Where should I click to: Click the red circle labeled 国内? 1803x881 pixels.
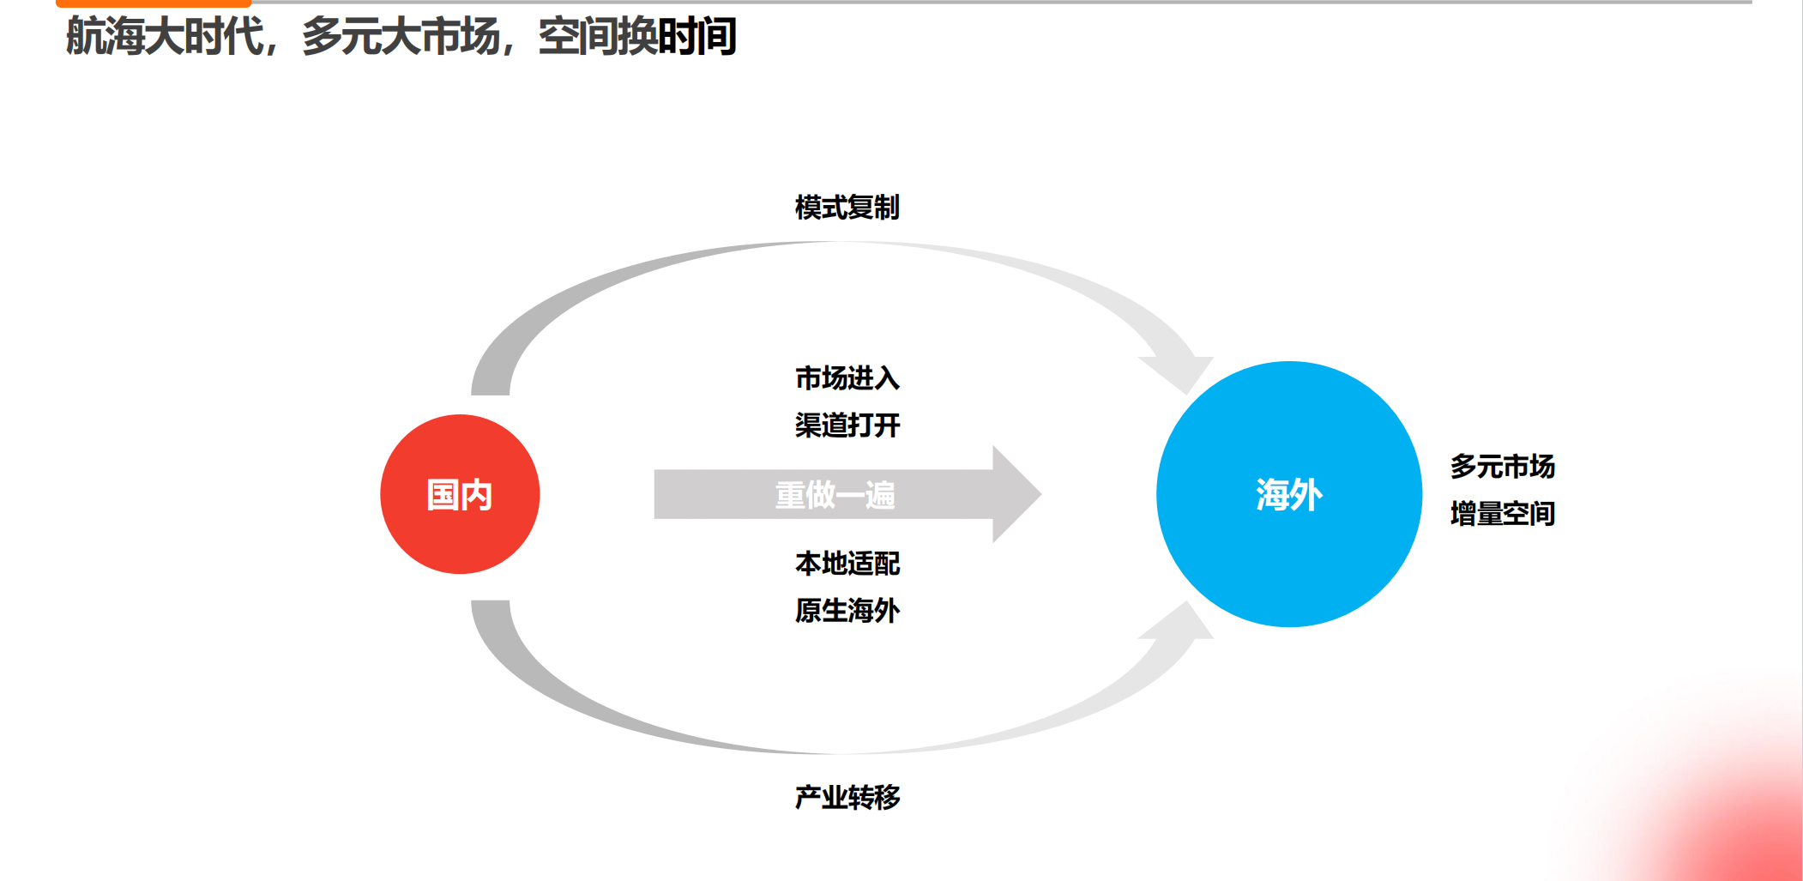tap(460, 494)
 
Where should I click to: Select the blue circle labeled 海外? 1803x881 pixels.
tap(1288, 494)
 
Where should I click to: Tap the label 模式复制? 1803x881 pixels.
tap(847, 208)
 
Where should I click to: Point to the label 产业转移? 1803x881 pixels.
tap(847, 798)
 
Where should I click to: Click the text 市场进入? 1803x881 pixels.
tap(847, 378)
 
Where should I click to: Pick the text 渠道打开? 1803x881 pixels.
tap(847, 425)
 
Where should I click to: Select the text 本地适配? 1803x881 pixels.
tap(847, 564)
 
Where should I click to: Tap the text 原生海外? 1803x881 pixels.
tap(847, 611)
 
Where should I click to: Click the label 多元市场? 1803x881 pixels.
tap(1502, 467)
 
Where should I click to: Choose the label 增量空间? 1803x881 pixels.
tap(1502, 514)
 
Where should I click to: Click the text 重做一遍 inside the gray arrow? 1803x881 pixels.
tap(835, 495)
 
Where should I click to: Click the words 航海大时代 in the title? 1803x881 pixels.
tap(165, 37)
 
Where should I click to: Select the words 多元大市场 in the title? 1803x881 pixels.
tap(401, 37)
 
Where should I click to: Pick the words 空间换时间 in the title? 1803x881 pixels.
tap(637, 37)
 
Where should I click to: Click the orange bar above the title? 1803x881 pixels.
tap(154, 3)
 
